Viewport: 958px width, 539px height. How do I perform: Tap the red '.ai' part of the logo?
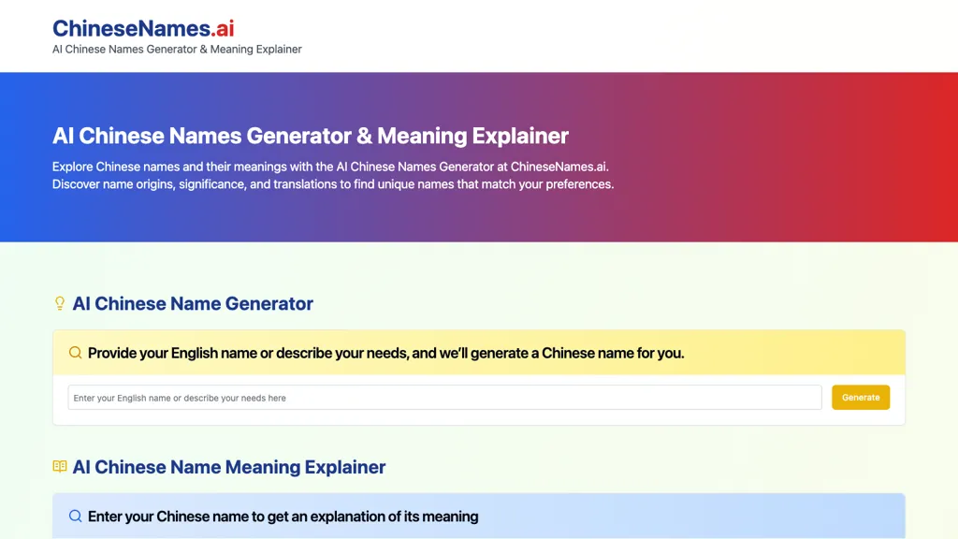pyautogui.click(x=223, y=28)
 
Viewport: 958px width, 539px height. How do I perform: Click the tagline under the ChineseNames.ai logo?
pyautogui.click(x=177, y=50)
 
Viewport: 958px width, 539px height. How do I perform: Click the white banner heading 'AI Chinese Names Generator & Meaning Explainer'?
pyautogui.click(x=310, y=136)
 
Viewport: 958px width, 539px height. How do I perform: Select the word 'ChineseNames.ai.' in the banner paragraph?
pyautogui.click(x=559, y=167)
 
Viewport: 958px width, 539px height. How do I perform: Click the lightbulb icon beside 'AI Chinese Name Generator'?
pyautogui.click(x=60, y=303)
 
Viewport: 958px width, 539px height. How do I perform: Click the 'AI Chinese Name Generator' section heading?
pyautogui.click(x=193, y=303)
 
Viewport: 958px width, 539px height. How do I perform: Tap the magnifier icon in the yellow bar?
pyautogui.click(x=76, y=353)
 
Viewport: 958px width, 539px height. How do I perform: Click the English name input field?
pyautogui.click(x=444, y=398)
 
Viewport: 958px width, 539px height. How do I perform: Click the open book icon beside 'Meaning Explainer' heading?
pyautogui.click(x=60, y=467)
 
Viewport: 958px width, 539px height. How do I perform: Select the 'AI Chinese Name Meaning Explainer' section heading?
pyautogui.click(x=229, y=467)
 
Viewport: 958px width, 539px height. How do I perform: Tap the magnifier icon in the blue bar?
pyautogui.click(x=76, y=516)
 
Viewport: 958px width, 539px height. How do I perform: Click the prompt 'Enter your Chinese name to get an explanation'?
pyautogui.click(x=283, y=517)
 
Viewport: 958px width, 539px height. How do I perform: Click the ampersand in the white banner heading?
pyautogui.click(x=365, y=136)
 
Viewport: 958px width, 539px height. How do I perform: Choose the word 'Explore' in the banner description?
pyautogui.click(x=73, y=167)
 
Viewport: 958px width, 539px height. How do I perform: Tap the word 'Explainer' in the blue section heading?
pyautogui.click(x=345, y=467)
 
